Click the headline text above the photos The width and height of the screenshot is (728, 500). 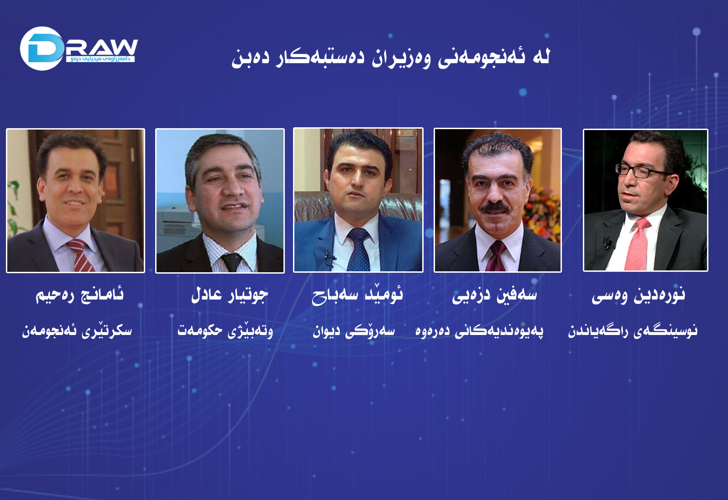(x=390, y=58)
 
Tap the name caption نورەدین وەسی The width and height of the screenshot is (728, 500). (x=638, y=296)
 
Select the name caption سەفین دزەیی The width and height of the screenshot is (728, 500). (x=494, y=296)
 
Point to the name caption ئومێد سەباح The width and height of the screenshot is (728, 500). (x=358, y=295)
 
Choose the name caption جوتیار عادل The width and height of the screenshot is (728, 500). (x=229, y=295)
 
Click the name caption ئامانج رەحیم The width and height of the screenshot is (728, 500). (x=80, y=295)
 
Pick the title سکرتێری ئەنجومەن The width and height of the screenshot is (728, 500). (x=77, y=330)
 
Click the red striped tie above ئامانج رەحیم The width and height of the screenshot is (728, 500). (x=80, y=255)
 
